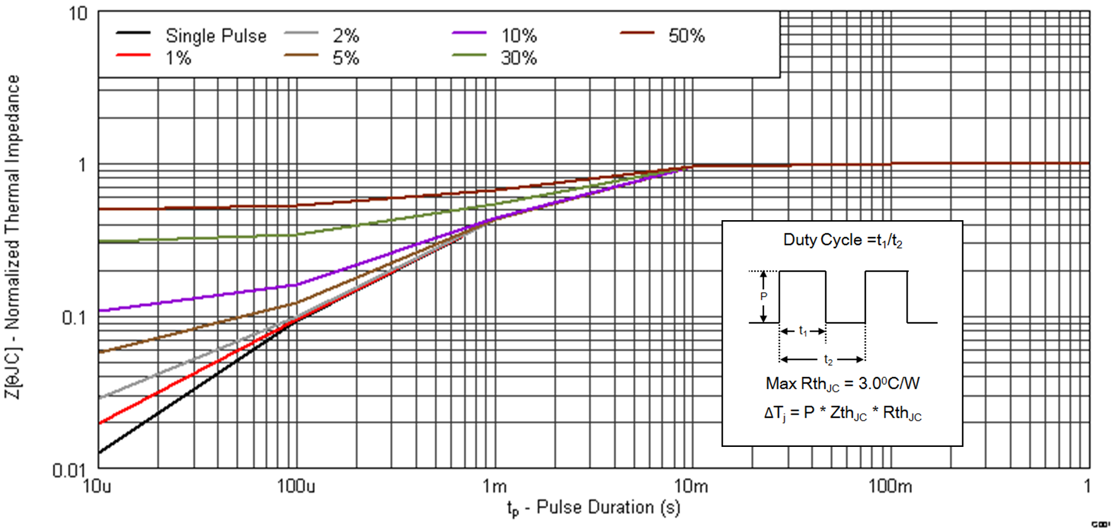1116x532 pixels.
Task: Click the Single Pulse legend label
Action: click(x=216, y=36)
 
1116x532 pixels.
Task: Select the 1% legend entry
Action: click(x=178, y=58)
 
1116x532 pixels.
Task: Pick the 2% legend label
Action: click(x=346, y=36)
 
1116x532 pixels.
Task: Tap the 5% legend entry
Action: click(x=346, y=58)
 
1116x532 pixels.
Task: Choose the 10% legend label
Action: click(x=518, y=36)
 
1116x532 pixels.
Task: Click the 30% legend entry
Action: click(x=518, y=58)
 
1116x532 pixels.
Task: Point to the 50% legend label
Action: click(x=686, y=36)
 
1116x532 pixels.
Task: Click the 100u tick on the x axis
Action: click(x=296, y=486)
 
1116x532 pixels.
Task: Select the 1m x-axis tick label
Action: click(x=494, y=486)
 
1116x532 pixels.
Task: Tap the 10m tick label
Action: click(x=691, y=486)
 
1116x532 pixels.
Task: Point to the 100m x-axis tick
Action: click(x=889, y=486)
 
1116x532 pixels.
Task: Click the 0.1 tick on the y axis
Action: click(x=74, y=317)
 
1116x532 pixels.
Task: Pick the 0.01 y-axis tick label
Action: click(x=69, y=470)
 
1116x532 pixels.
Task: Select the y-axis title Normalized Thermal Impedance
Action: click(x=13, y=236)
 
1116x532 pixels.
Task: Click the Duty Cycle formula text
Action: click(x=842, y=240)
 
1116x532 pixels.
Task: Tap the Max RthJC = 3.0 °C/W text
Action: click(x=842, y=383)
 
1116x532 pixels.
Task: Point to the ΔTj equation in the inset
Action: click(x=842, y=413)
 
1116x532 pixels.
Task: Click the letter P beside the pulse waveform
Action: click(x=763, y=296)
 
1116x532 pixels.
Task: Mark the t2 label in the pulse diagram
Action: click(x=828, y=360)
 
